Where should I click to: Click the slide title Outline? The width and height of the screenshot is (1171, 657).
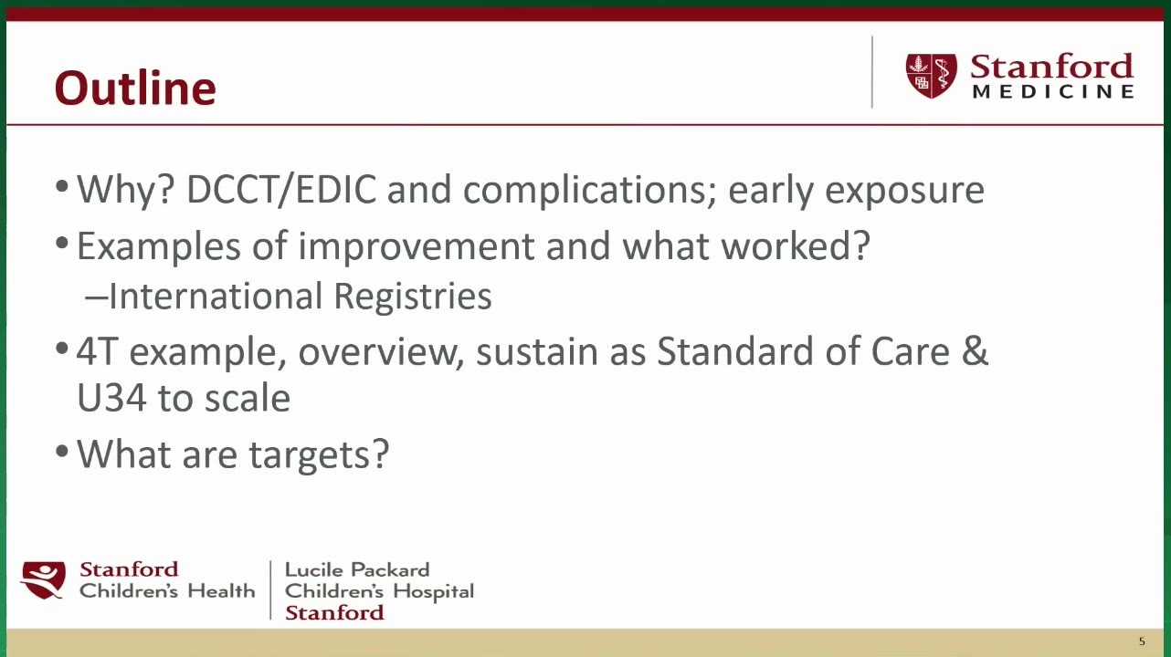click(x=135, y=88)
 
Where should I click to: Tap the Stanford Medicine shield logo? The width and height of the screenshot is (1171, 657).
click(x=931, y=75)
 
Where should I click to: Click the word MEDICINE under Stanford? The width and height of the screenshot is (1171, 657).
click(x=1053, y=91)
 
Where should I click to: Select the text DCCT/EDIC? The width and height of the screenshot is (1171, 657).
click(x=281, y=190)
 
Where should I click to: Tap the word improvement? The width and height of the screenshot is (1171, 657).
click(x=417, y=246)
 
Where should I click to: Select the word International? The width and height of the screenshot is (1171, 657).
click(x=216, y=297)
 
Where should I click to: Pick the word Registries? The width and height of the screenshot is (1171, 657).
click(x=413, y=297)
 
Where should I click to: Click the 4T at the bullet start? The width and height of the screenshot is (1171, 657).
click(x=96, y=351)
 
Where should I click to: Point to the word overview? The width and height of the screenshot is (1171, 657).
click(x=381, y=351)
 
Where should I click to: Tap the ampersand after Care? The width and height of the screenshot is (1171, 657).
click(x=975, y=350)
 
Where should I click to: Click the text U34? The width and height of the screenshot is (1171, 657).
click(x=111, y=399)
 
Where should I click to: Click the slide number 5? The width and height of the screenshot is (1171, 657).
click(x=1142, y=641)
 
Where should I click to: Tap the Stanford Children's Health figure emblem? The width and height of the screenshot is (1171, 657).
click(x=43, y=580)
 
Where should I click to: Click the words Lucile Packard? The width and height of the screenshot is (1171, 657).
click(x=357, y=569)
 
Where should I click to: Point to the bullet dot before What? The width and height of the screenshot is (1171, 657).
click(x=62, y=452)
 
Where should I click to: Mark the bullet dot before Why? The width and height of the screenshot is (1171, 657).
click(x=62, y=186)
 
